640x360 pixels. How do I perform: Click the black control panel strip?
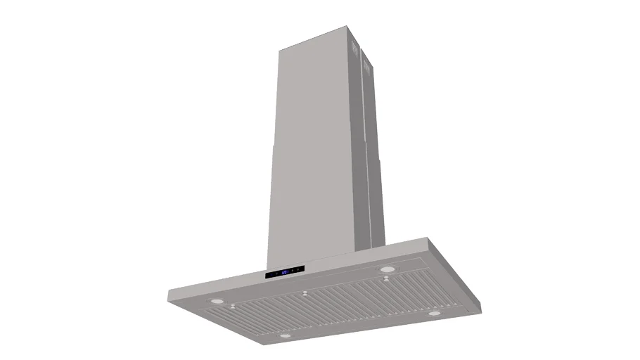(285, 272)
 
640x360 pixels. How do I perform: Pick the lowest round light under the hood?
(284, 336)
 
